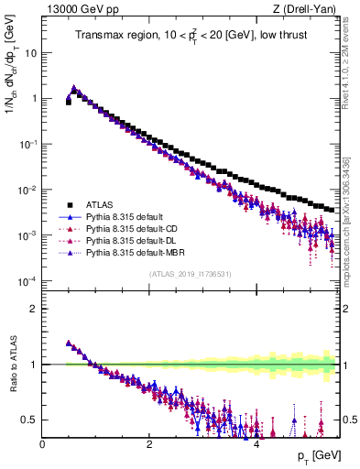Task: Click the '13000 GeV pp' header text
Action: point(83,10)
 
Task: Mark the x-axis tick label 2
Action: point(149,444)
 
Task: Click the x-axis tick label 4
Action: point(256,444)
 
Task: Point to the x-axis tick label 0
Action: point(43,444)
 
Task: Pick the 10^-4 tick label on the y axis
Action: point(27,281)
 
